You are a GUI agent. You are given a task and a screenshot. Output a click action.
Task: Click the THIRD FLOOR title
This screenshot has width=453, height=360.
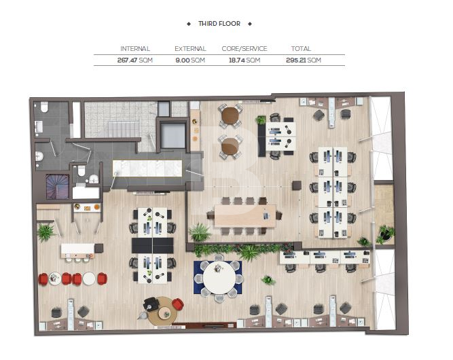click(219, 24)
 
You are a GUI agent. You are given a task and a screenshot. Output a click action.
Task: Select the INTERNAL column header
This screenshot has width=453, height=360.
click(135, 48)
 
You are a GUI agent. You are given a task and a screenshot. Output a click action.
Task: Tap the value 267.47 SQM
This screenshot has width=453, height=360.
click(135, 60)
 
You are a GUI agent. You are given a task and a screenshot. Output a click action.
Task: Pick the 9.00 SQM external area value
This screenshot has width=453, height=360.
click(190, 60)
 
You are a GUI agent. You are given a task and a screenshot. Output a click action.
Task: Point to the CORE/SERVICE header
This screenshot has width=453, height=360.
click(244, 48)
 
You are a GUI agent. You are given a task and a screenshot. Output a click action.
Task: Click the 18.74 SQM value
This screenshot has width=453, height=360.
click(244, 60)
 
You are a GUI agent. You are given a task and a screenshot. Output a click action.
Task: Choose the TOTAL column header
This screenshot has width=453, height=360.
click(301, 48)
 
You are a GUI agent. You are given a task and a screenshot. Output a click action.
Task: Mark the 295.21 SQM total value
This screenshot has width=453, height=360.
click(304, 60)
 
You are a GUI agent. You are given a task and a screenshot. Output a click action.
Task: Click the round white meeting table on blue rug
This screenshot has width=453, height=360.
click(219, 278)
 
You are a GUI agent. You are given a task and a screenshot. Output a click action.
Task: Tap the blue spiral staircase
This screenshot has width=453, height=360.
click(58, 187)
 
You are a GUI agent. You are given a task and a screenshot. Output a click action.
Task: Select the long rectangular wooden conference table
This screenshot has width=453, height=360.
click(245, 215)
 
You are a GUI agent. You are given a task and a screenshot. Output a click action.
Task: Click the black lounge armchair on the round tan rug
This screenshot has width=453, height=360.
click(151, 304)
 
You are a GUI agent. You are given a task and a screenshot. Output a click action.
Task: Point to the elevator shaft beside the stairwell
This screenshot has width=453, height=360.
click(173, 135)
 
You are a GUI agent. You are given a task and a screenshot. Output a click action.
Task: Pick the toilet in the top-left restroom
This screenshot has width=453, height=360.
click(44, 107)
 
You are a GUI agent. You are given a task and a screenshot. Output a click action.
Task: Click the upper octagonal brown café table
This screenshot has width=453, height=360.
click(230, 115)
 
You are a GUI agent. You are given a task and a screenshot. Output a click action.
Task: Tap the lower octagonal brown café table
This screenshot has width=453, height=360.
click(230, 147)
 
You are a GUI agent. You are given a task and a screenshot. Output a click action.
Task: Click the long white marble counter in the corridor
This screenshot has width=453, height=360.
click(147, 168)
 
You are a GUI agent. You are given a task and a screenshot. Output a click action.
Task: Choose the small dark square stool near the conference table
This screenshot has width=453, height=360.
click(297, 185)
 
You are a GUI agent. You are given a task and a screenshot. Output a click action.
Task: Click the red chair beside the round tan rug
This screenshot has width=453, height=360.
click(178, 304)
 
